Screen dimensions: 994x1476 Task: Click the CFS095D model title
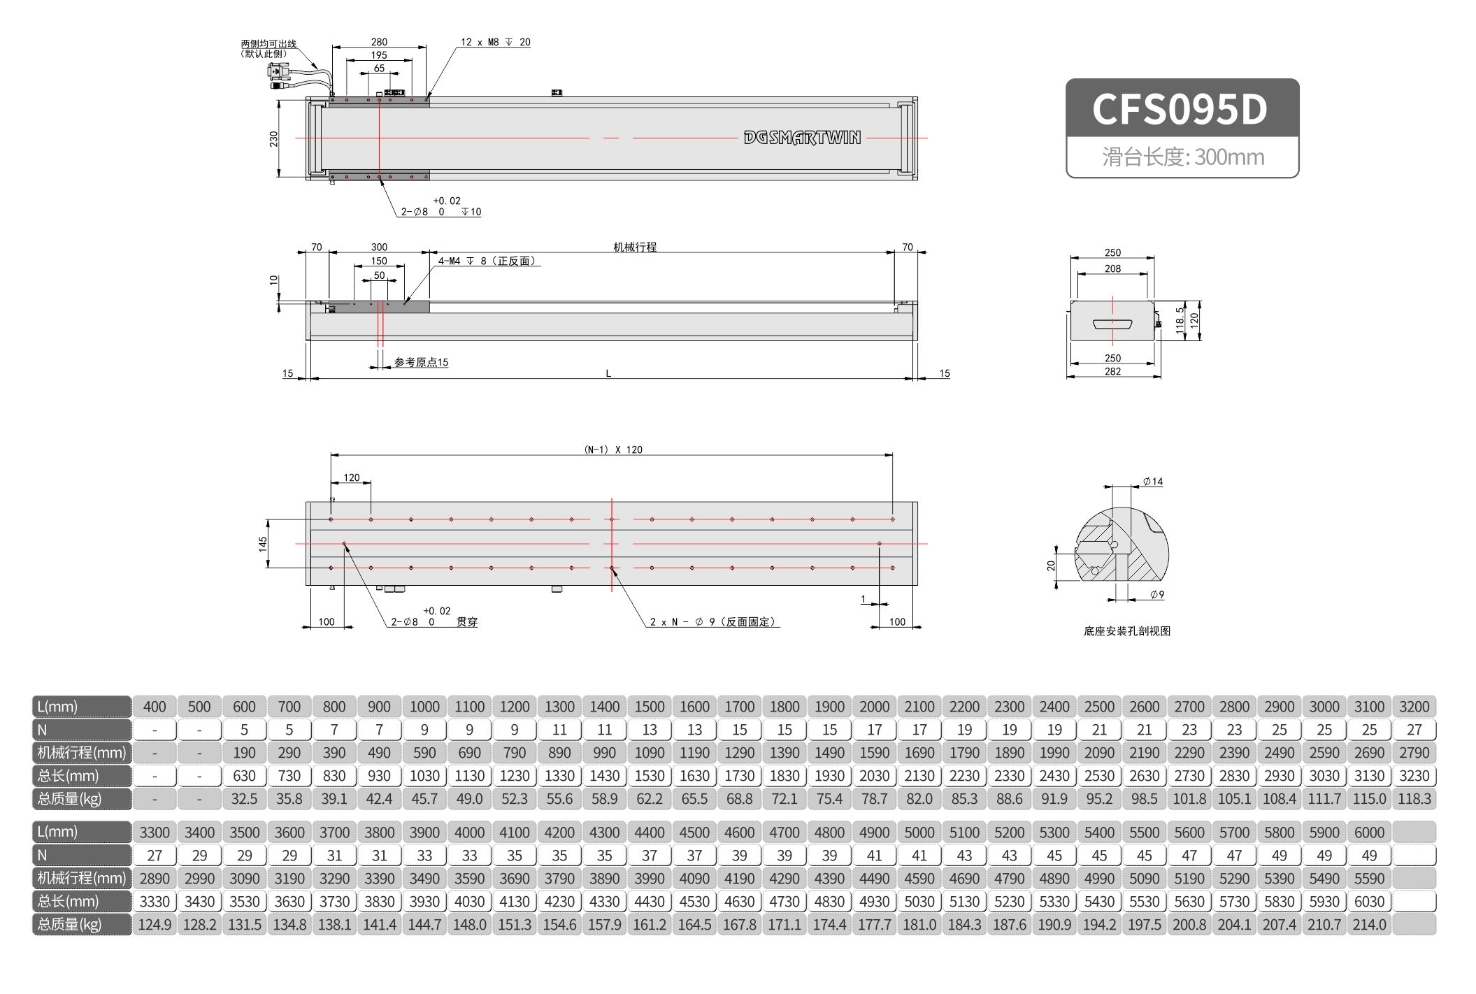point(1180,109)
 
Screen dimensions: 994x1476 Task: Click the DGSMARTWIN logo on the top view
point(802,138)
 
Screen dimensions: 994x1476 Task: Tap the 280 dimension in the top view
point(379,42)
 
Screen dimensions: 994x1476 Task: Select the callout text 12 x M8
point(480,42)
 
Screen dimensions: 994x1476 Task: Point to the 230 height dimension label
point(273,138)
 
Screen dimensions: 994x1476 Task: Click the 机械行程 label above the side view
point(635,247)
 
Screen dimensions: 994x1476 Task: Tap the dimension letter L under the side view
point(608,373)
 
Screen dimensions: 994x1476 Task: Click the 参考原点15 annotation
point(421,362)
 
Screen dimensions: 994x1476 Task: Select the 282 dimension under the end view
point(1112,371)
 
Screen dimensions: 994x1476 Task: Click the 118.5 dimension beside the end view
point(1180,320)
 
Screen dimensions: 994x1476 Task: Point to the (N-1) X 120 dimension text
point(613,449)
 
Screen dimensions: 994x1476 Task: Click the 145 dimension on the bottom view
point(263,544)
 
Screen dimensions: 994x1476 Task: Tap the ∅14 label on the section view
point(1153,482)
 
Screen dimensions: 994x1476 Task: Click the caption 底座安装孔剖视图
point(1126,631)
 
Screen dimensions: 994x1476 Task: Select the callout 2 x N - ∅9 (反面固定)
point(713,621)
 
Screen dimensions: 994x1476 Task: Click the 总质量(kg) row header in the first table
point(81,798)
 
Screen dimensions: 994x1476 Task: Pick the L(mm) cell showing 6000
point(1369,832)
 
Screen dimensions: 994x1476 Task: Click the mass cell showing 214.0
point(1369,924)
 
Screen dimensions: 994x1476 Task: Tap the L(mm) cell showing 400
point(155,706)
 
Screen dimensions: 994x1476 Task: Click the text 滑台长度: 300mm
point(1183,157)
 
